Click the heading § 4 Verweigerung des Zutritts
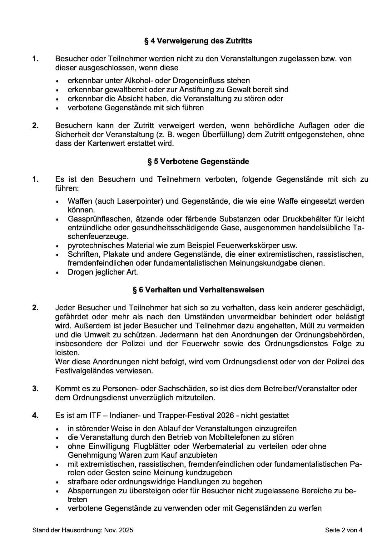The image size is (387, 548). [198, 41]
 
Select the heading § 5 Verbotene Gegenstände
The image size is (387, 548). [198, 162]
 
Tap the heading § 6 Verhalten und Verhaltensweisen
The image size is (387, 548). [198, 290]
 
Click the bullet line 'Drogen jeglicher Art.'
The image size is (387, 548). [102, 272]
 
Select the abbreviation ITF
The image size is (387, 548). [95, 416]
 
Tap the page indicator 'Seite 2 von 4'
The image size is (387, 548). [343, 530]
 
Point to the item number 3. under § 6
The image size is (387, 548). [35, 389]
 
